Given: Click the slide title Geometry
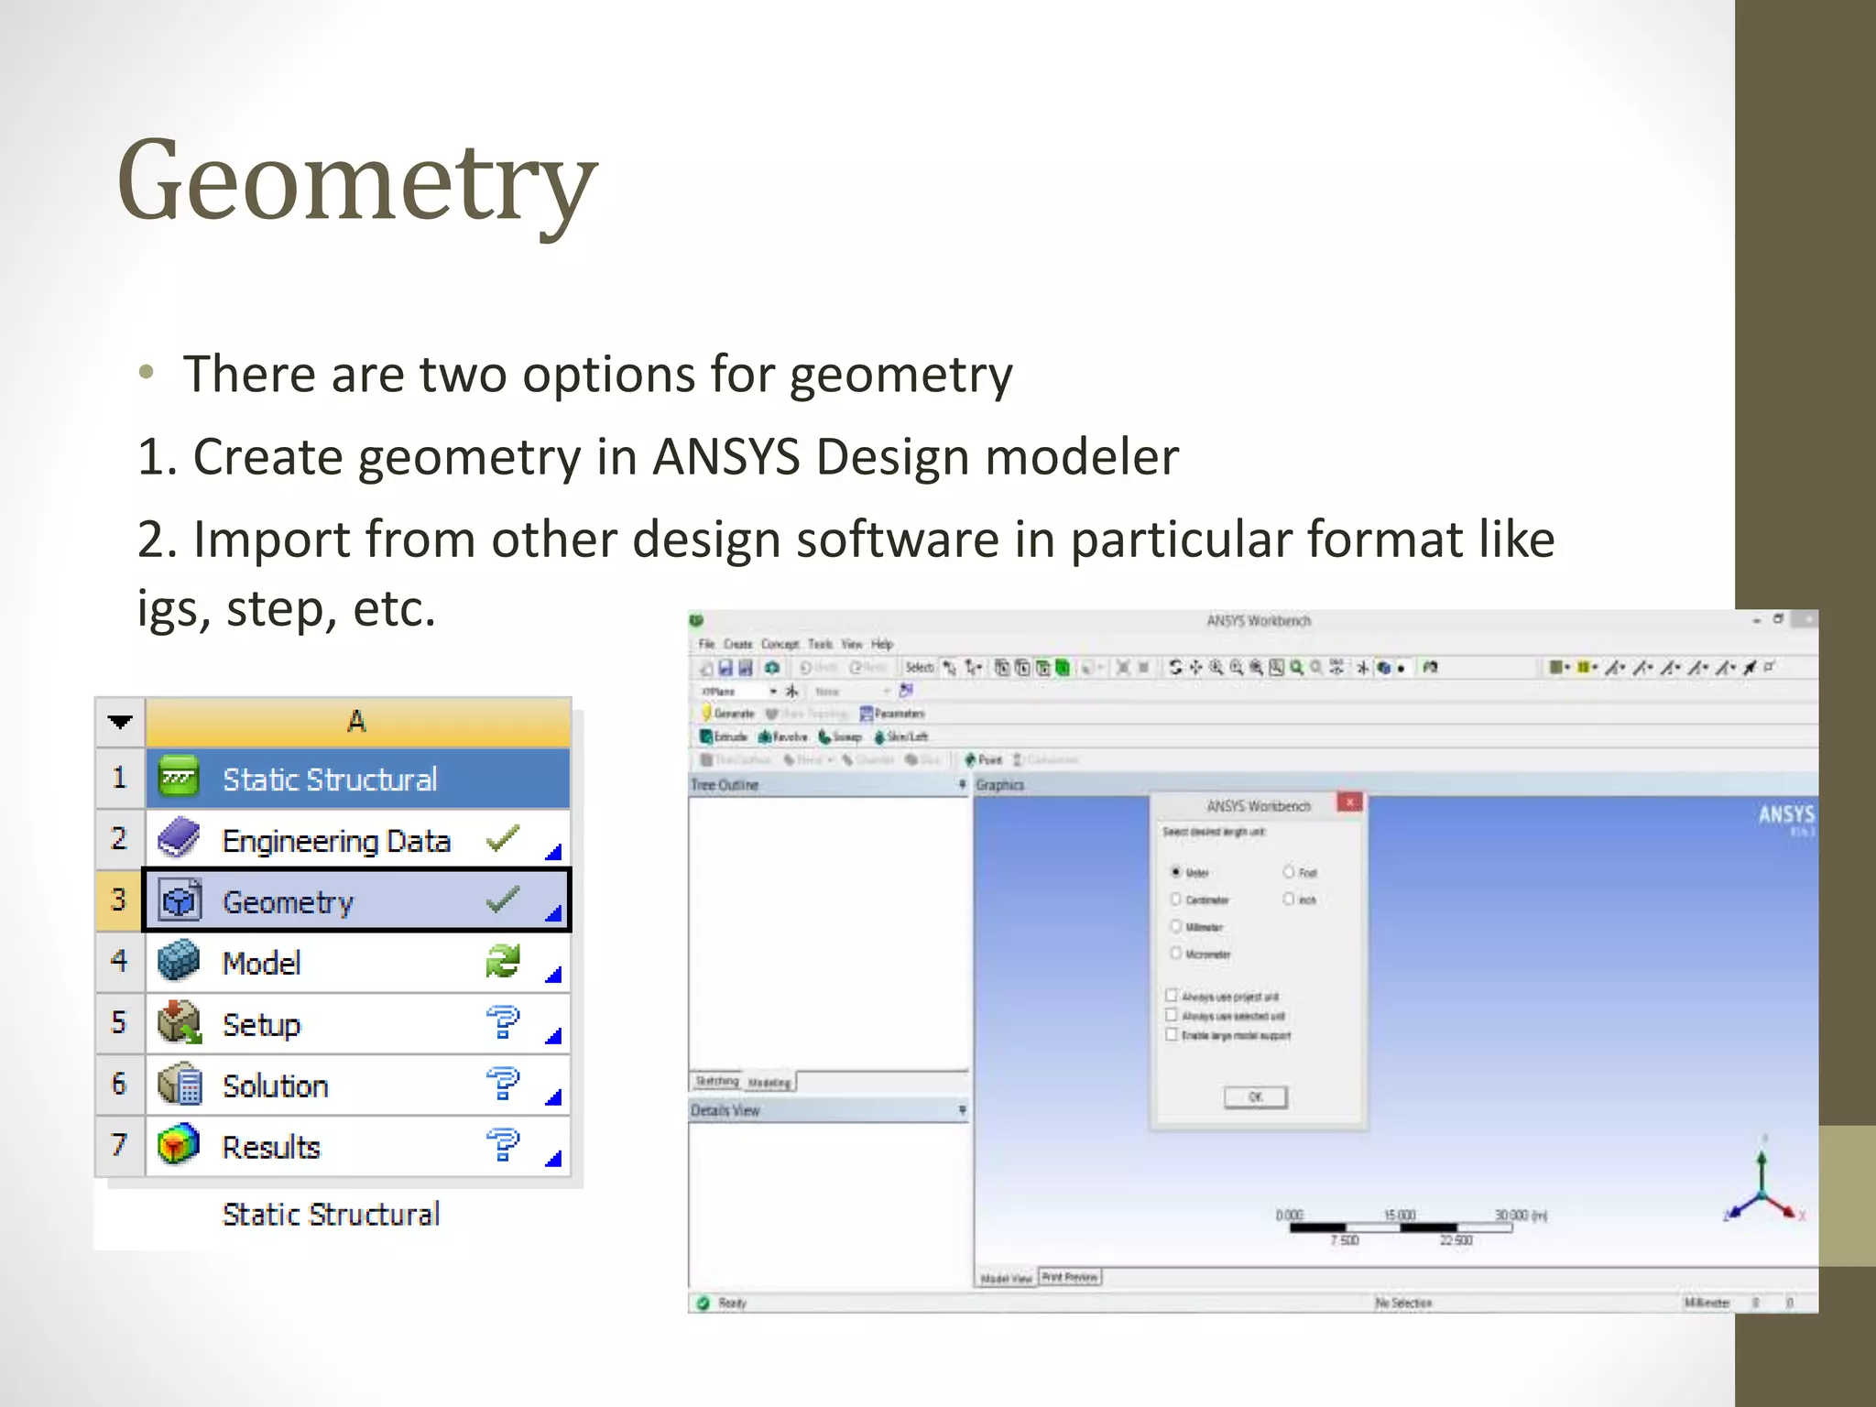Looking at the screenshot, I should (x=357, y=181).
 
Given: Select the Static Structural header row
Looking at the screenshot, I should (x=330, y=780).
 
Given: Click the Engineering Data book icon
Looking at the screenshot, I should (x=179, y=839).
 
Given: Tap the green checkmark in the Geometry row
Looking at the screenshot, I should (x=503, y=900).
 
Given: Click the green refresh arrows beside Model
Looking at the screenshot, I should (x=503, y=962).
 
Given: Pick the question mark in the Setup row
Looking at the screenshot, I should (x=503, y=1022).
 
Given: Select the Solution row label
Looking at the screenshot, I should (x=275, y=1085).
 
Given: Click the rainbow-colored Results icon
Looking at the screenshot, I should (x=179, y=1145).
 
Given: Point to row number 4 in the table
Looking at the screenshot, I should (x=119, y=962).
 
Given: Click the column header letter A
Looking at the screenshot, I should (x=356, y=722).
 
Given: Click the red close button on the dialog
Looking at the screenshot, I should (x=1349, y=802).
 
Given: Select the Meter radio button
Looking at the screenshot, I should (x=1176, y=872).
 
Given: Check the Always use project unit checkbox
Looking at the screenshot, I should (x=1172, y=995).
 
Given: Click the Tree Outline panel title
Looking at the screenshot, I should (x=725, y=785).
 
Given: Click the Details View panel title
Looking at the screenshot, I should (x=725, y=1110).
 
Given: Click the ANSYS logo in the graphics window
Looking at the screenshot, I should (x=1785, y=814).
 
